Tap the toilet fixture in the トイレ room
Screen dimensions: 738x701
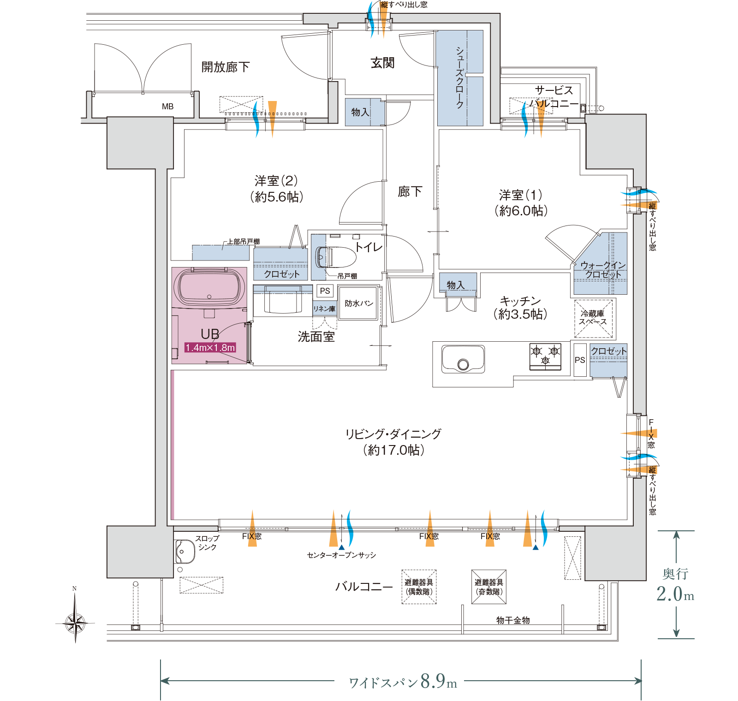pyautogui.click(x=335, y=257)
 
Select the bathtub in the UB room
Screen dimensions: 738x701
pyautogui.click(x=209, y=287)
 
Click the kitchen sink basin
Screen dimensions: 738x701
pyautogui.click(x=463, y=358)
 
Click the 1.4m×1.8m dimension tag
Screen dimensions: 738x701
pyautogui.click(x=210, y=348)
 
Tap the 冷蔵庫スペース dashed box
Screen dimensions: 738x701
pyautogui.click(x=594, y=319)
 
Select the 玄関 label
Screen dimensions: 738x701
pyautogui.click(x=382, y=63)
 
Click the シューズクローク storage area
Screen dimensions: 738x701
pyautogui.click(x=460, y=78)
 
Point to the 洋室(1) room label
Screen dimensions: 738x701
pyautogui.click(x=521, y=203)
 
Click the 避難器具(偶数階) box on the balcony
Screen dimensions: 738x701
pyautogui.click(x=419, y=587)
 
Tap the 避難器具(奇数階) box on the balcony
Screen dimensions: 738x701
pyautogui.click(x=489, y=587)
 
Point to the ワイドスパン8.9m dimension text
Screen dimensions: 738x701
pyautogui.click(x=403, y=681)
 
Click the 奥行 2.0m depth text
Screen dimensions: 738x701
pyautogui.click(x=675, y=586)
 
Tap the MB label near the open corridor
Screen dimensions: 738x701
pyautogui.click(x=167, y=107)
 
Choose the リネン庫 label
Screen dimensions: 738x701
pyautogui.click(x=324, y=309)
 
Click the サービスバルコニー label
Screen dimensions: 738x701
pyautogui.click(x=553, y=97)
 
